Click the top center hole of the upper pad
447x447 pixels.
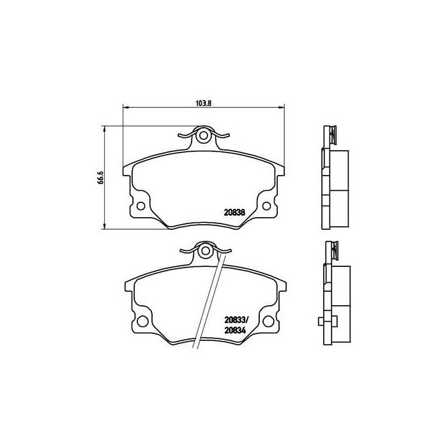204,135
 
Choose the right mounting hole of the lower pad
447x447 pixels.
268,321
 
